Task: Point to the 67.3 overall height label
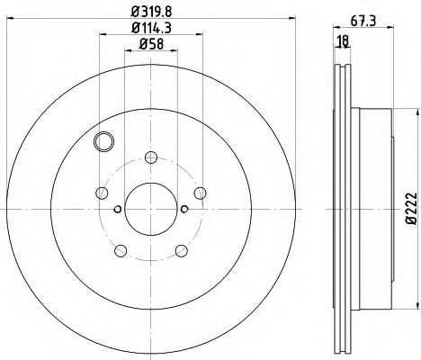click(x=363, y=19)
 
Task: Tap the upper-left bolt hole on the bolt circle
click(x=102, y=193)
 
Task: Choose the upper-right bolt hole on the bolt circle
click(x=201, y=193)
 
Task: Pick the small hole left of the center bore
click(x=119, y=210)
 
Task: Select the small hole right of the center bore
click(x=184, y=210)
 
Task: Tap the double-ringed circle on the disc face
click(x=104, y=140)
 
